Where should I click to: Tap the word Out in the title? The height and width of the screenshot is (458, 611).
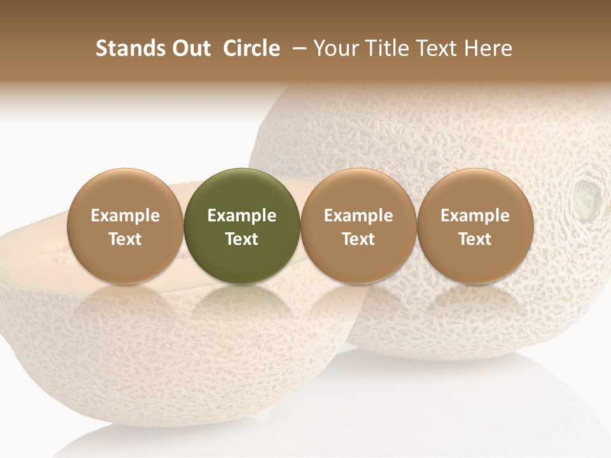coord(189,48)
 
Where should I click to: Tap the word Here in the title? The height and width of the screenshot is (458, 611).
coord(488,48)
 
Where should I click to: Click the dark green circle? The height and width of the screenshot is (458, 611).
coord(242,191)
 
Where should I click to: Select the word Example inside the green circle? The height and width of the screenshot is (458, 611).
coord(242,216)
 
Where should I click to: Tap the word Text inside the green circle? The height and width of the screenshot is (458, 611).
coord(242,239)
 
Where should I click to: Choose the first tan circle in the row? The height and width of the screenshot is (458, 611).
coord(125,191)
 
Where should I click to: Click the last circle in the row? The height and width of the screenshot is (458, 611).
coord(475,191)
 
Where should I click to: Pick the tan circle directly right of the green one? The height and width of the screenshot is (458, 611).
coord(358,191)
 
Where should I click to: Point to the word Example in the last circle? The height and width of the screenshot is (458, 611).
coord(475,216)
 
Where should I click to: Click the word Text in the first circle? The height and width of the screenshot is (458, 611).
coord(125,239)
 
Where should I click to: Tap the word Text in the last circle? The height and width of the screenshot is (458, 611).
coord(475,239)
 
